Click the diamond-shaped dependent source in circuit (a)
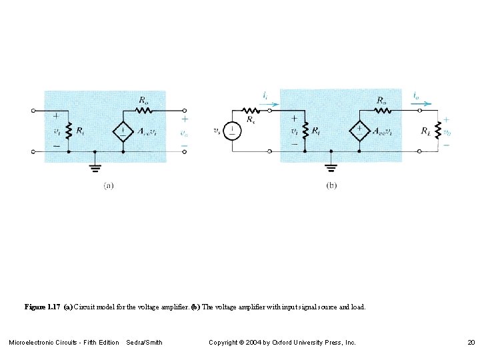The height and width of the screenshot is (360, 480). [x=123, y=131]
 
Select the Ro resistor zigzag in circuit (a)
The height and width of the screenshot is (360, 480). [x=144, y=110]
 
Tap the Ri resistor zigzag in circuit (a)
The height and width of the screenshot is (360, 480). [x=69, y=131]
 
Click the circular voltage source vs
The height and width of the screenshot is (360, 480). [x=232, y=131]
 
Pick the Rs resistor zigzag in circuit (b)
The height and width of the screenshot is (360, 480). [x=250, y=110]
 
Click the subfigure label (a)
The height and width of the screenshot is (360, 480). [x=108, y=186]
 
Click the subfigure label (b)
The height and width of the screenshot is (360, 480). [x=331, y=186]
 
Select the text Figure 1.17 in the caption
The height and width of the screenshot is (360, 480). [x=43, y=307]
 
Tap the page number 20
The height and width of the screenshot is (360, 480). [x=471, y=342]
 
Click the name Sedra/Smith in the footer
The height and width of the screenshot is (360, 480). [x=144, y=342]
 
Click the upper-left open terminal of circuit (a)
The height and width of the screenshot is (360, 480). [x=33, y=110]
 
